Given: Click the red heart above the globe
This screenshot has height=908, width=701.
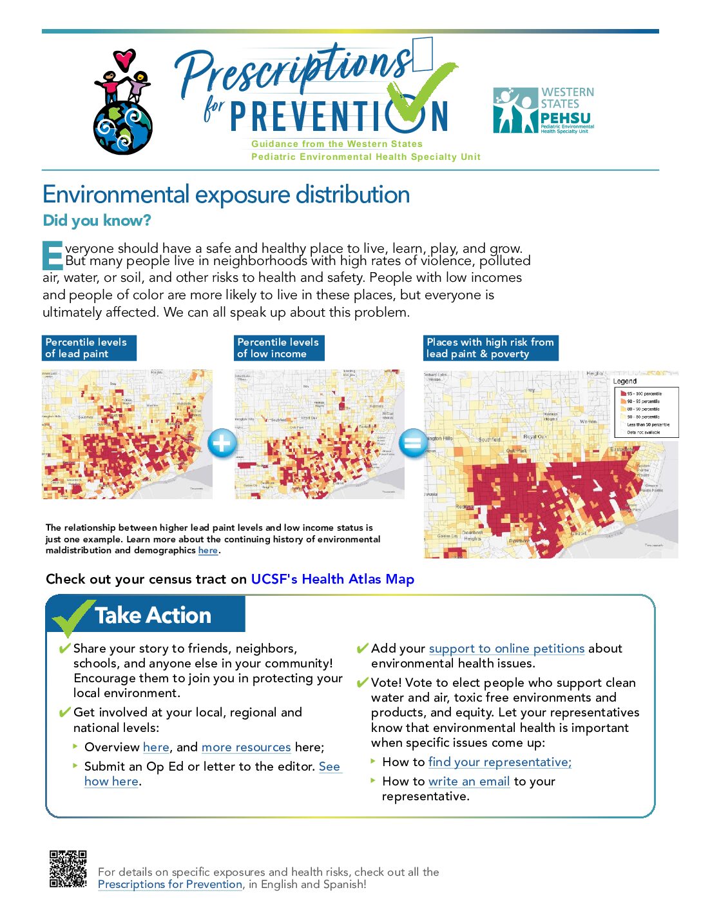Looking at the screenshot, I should (124, 59).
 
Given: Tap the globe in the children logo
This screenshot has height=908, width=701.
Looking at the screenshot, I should (122, 128).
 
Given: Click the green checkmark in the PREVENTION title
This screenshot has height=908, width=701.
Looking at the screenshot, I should (422, 94).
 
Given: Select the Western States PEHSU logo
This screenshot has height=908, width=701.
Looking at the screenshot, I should (543, 110).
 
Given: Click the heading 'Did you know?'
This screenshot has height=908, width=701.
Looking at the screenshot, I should (97, 221).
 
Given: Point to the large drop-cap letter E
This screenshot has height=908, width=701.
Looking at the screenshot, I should (52, 255).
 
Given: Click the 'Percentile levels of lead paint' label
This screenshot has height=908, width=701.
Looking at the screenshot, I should (89, 348).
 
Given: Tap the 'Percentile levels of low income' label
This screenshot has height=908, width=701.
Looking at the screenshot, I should (278, 348).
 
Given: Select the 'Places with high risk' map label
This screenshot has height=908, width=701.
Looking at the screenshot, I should (490, 348).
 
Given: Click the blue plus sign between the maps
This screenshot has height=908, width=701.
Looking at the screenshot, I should (222, 443).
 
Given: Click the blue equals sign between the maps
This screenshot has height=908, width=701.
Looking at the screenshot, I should (412, 443).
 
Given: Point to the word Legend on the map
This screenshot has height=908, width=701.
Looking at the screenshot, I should (624, 381).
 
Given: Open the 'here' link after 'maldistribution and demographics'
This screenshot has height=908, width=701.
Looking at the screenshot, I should (207, 550).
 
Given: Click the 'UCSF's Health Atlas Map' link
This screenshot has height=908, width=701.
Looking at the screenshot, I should (332, 579).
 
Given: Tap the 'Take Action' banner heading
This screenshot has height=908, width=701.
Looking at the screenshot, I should (153, 615).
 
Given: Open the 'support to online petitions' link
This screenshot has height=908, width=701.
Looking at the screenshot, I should (506, 648).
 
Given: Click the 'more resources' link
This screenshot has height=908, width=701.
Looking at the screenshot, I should (246, 747).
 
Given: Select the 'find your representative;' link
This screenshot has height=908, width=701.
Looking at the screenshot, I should (499, 762).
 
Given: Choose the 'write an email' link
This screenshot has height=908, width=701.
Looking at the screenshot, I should (468, 781).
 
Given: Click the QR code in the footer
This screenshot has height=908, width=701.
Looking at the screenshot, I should (68, 869).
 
